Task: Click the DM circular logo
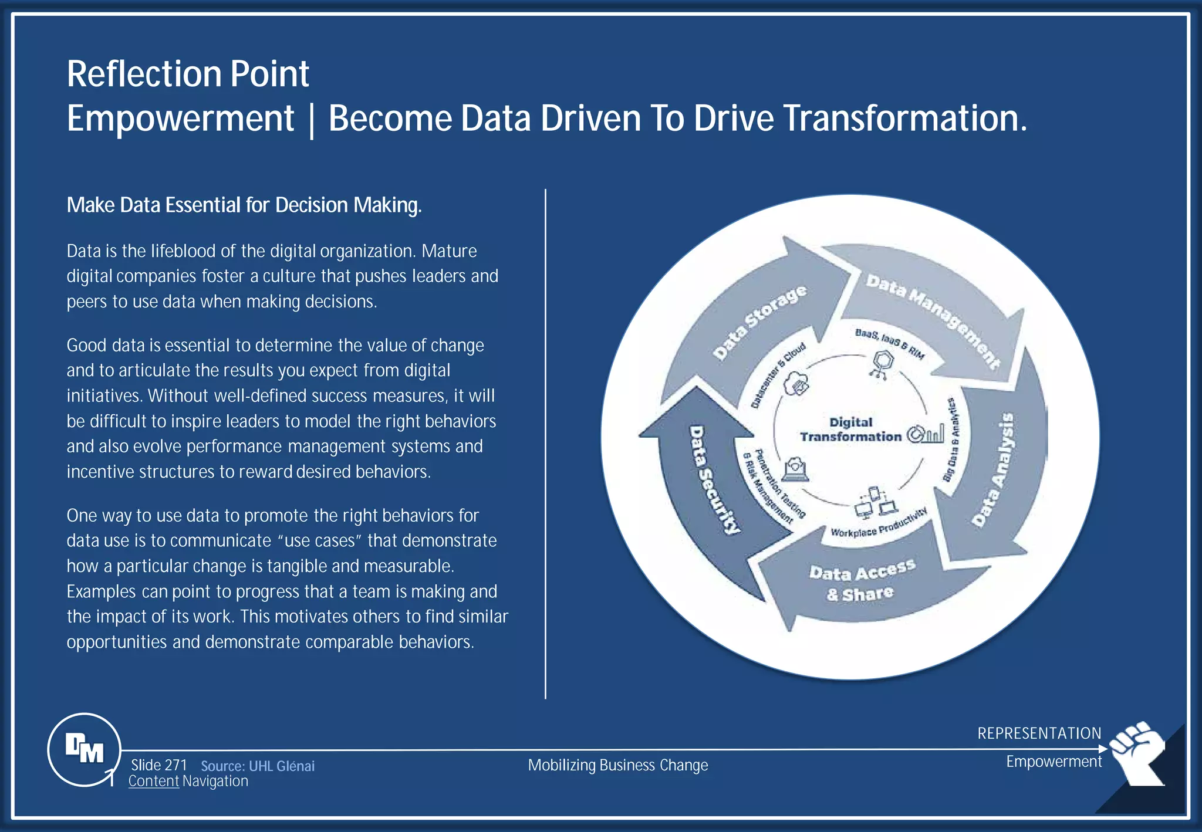[85, 749]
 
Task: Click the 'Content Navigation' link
[188, 782]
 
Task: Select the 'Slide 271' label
[158, 765]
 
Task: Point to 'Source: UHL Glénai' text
[258, 766]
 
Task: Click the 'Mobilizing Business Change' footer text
[618, 765]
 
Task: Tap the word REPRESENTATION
[1039, 733]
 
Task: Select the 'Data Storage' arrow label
[759, 322]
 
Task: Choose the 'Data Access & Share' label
[861, 581]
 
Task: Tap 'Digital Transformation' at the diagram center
[850, 429]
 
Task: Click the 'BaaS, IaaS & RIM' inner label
[890, 343]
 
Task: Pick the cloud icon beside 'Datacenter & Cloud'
[796, 385]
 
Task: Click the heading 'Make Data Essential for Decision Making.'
[244, 205]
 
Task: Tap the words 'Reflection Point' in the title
[188, 74]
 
